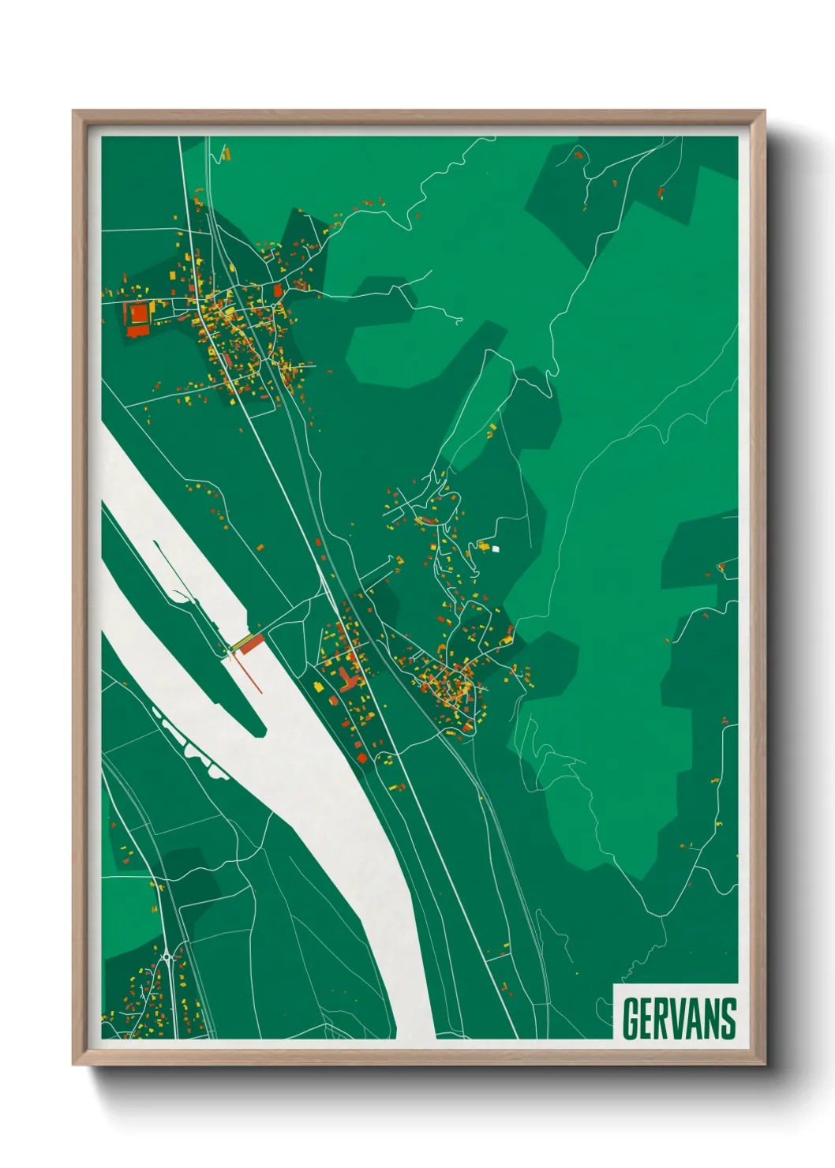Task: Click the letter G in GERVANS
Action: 632,1019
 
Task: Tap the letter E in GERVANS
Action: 650,1019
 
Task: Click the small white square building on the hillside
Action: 496,548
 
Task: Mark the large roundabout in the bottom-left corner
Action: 167,958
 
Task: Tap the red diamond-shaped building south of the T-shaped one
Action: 362,758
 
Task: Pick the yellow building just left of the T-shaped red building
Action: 320,687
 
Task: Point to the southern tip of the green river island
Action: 260,732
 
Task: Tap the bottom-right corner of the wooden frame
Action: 764,1063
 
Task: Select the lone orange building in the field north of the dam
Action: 260,546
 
